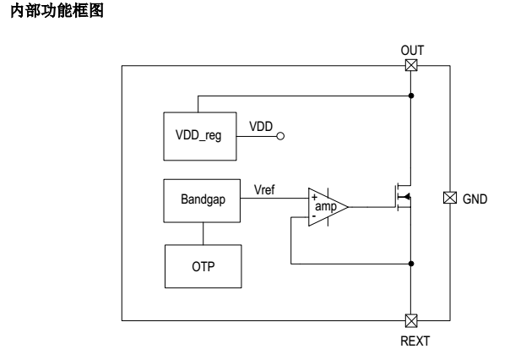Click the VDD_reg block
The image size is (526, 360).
(x=200, y=136)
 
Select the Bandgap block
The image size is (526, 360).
(x=202, y=200)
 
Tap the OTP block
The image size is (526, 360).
(x=203, y=266)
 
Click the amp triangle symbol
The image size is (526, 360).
(x=328, y=207)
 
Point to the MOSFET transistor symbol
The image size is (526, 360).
(x=404, y=196)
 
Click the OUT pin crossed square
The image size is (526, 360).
(x=411, y=65)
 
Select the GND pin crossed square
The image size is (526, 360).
(x=450, y=198)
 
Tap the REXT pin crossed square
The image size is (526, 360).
(x=411, y=321)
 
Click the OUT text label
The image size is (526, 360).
(x=412, y=51)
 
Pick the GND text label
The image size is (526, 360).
(x=474, y=199)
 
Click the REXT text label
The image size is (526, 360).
(x=415, y=341)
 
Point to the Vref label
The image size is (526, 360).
(x=264, y=190)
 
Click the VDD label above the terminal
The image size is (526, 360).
(x=261, y=127)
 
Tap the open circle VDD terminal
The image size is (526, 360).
(x=280, y=136)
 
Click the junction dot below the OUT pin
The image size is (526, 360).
(x=411, y=95)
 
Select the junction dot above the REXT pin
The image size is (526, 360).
(x=411, y=264)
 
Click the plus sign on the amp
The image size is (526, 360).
(x=314, y=197)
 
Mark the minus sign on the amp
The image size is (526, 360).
(x=314, y=216)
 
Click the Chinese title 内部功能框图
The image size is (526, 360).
(x=57, y=10)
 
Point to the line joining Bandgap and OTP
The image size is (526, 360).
(x=203, y=233)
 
